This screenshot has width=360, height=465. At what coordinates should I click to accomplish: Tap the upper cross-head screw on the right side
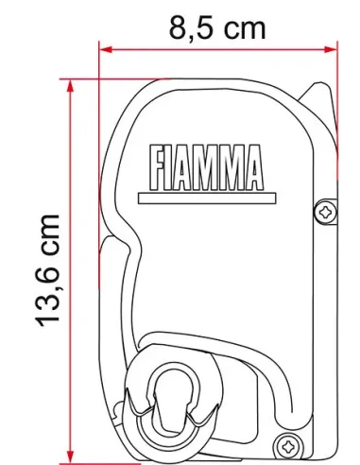pos(326,212)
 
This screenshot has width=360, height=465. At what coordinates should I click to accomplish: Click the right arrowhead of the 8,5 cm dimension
pos(331,46)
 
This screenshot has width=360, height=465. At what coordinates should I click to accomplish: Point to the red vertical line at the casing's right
pos(337,284)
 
